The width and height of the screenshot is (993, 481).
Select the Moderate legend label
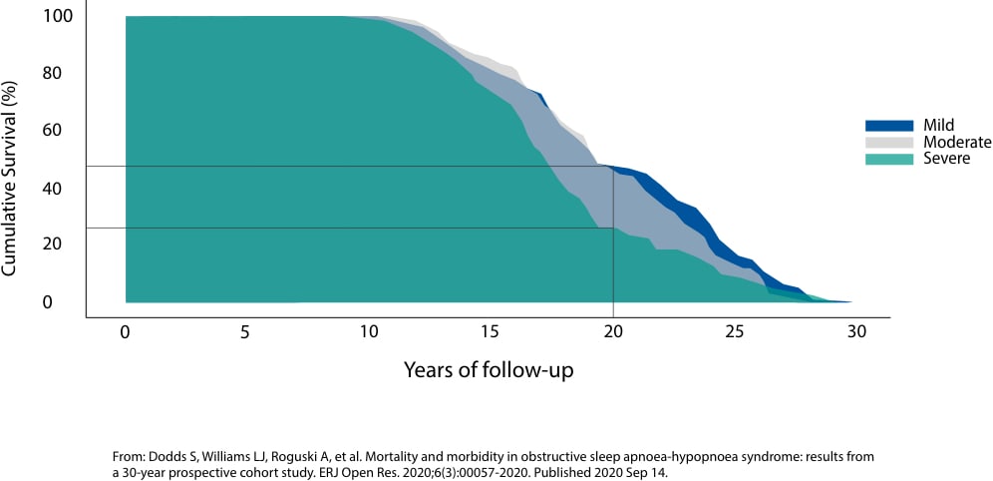[958, 142]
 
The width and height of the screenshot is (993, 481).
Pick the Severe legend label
[946, 158]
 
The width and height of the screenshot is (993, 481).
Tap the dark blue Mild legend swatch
[888, 126]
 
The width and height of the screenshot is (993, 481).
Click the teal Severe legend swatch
[888, 158]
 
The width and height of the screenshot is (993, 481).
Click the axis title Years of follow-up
[489, 369]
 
